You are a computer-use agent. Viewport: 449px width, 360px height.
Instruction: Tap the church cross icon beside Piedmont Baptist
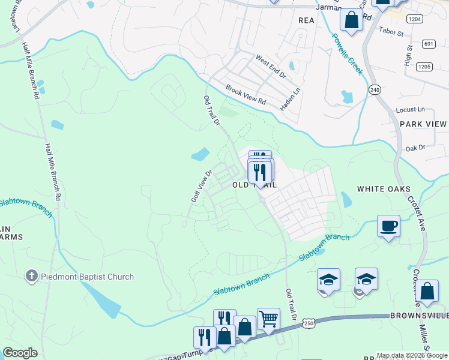pyautogui.click(x=31, y=277)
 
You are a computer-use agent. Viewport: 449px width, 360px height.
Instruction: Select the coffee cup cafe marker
pyautogui.click(x=388, y=226)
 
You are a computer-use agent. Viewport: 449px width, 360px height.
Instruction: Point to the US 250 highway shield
pyautogui.click(x=309, y=323)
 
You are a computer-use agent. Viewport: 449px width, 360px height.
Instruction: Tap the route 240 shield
pyautogui.click(x=375, y=89)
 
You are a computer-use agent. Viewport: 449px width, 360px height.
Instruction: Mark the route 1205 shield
pyautogui.click(x=424, y=66)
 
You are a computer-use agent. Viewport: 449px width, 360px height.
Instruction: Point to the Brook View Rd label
pyautogui.click(x=246, y=95)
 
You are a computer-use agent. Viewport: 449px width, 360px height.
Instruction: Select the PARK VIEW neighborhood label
pyautogui.click(x=424, y=124)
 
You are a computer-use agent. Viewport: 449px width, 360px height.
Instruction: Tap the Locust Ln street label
pyautogui.click(x=411, y=110)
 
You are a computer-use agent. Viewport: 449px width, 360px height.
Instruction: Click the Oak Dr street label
pyautogui.click(x=415, y=148)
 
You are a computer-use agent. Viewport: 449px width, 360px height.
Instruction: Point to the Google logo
pyautogui.click(x=20, y=353)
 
